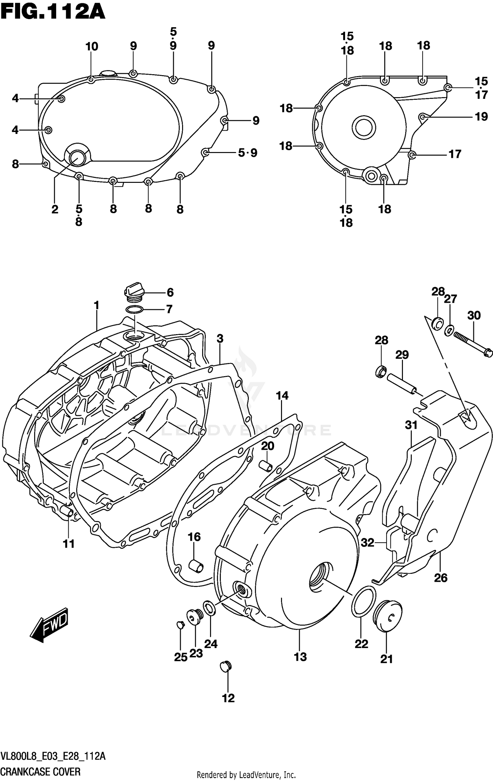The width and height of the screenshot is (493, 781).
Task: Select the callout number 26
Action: (440, 577)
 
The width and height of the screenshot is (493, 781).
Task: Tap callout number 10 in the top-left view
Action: (92, 47)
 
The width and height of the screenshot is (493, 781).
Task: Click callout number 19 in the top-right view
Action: (481, 117)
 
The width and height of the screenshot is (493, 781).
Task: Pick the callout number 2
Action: (55, 209)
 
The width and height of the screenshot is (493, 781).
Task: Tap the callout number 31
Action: (411, 425)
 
